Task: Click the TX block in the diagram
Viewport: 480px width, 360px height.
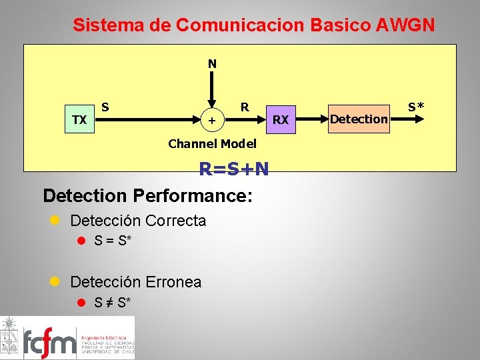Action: click(x=79, y=119)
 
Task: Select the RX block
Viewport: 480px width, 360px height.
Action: click(x=281, y=119)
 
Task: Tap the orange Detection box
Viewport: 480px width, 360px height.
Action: click(x=358, y=119)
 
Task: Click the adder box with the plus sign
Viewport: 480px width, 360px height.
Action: click(x=212, y=120)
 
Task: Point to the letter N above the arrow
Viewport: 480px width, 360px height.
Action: click(x=212, y=64)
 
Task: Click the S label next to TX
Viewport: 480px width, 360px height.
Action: click(x=105, y=106)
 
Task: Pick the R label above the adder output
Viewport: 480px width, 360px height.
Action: click(x=245, y=107)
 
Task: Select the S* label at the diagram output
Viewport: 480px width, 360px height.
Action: click(x=417, y=106)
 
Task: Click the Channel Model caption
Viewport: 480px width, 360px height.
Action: click(x=212, y=143)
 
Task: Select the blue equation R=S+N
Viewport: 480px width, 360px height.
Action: click(x=234, y=169)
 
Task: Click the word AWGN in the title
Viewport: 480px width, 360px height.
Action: click(x=405, y=25)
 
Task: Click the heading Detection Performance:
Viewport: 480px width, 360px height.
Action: click(x=147, y=195)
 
